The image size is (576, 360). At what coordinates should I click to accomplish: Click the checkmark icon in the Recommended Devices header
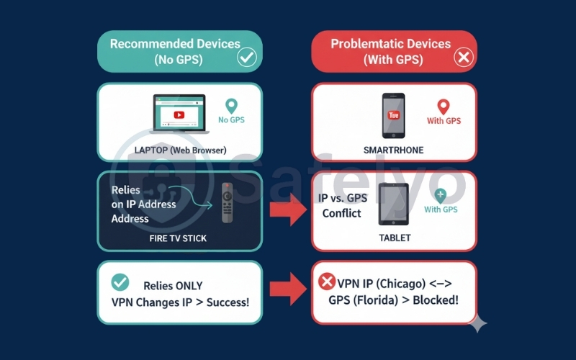tap(247, 58)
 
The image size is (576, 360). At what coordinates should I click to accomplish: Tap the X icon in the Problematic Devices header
tap(463, 58)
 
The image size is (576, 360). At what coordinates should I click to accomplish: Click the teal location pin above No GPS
tap(231, 106)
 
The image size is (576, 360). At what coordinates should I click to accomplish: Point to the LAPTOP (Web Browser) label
tap(180, 150)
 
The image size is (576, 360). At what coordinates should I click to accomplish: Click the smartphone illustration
tap(393, 115)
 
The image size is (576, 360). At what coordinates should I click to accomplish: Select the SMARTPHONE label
tap(394, 150)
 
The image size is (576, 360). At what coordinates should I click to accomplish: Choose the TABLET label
tap(393, 236)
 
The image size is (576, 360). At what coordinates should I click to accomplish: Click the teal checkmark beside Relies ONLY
tap(120, 282)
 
